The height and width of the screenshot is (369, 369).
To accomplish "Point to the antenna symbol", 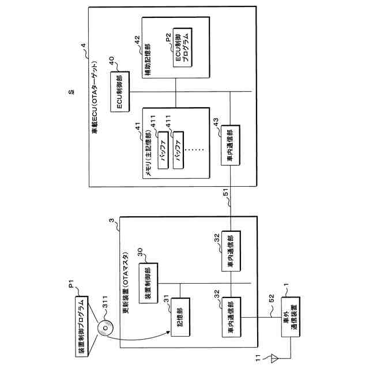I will point(272,358).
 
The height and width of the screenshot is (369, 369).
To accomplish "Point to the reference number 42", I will point(137,40).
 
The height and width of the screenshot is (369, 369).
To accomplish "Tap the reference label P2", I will point(167,37).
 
